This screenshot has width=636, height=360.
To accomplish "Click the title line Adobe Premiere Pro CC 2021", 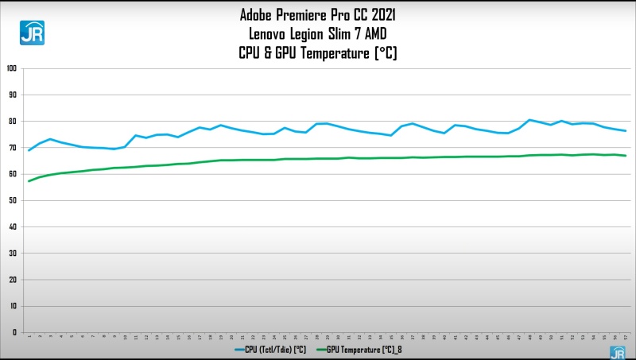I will pos(318,14).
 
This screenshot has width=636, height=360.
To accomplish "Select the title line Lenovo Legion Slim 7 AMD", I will pos(318,33).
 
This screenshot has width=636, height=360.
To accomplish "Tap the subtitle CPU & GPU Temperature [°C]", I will pos(318,53).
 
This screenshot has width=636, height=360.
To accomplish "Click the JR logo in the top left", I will pos(32,33).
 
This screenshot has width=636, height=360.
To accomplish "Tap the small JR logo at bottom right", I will pos(617,352).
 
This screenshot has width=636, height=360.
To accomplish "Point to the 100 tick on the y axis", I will pos(11,68).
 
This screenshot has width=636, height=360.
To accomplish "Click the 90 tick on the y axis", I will pos(13,95).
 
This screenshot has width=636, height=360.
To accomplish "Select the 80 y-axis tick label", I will pos(13,121).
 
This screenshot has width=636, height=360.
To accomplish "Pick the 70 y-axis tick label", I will pos(13,148).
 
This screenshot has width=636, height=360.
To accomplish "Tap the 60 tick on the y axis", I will pos(13,174).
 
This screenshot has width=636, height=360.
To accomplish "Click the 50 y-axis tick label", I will pos(13,200).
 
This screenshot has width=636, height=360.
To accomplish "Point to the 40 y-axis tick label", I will pos(13,226).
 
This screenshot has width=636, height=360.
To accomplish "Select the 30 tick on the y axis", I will pos(13,253).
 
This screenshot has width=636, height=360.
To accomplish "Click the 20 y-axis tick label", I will pos(13,280).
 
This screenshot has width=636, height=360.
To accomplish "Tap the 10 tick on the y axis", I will pos(13,306).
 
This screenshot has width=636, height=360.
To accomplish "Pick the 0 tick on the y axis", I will pos(14,332).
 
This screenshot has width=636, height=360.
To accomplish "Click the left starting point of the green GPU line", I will pos(29,181).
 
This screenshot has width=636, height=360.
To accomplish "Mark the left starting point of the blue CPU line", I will pos(29,150).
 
